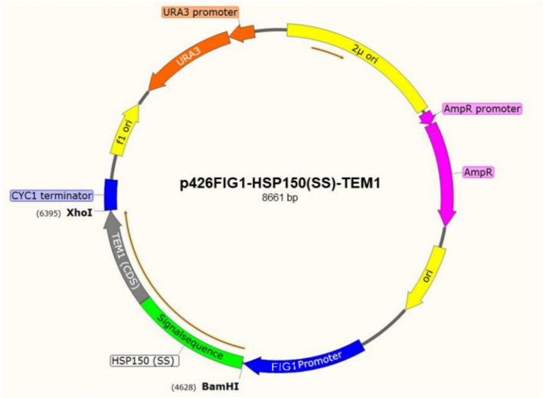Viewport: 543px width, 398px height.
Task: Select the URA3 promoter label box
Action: pos(200,13)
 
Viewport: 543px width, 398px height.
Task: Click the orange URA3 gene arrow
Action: pos(184,62)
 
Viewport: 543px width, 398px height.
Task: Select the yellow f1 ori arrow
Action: pos(123,133)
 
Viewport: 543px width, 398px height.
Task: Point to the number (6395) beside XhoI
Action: pos(48,214)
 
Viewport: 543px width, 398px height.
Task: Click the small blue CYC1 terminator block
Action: pos(110,192)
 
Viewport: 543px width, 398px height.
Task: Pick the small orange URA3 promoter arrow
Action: pos(243,34)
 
